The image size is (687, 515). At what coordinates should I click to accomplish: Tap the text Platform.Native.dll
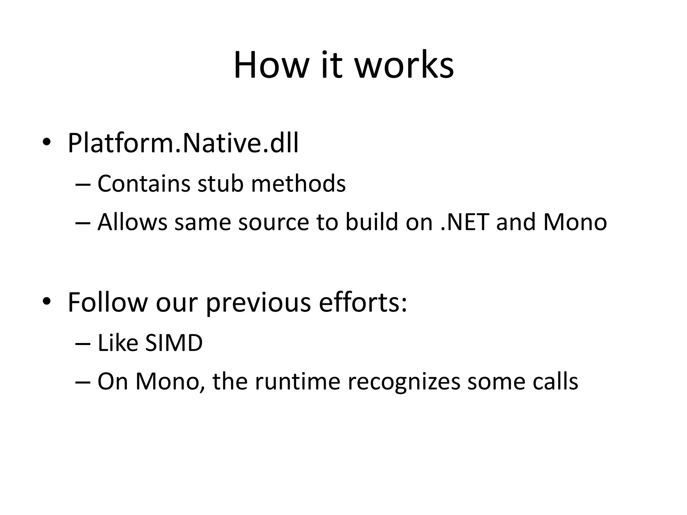tap(183, 143)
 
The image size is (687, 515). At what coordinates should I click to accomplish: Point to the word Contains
tap(144, 184)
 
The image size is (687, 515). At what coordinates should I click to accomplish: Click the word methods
tap(298, 184)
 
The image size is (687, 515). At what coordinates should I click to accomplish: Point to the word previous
tap(258, 303)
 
